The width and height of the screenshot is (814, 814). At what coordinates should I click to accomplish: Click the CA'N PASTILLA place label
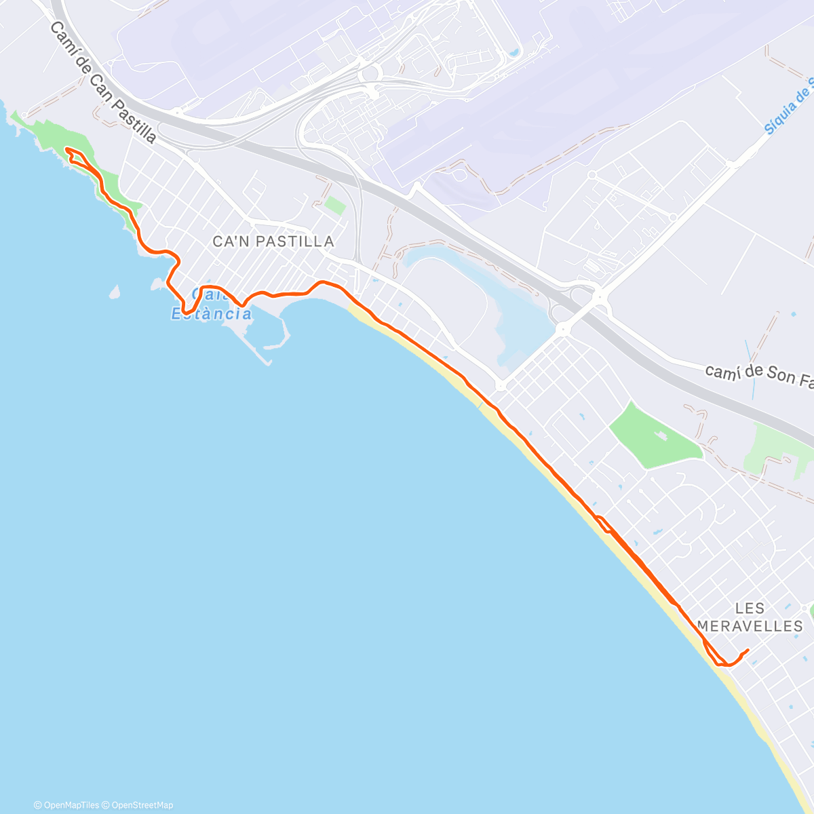coord(273,241)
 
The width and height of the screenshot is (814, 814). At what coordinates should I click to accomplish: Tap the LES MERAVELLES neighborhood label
coord(750,617)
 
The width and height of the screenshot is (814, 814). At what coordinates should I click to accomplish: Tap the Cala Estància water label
coord(211,305)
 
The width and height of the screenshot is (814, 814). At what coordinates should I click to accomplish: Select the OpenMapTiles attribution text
coord(71,805)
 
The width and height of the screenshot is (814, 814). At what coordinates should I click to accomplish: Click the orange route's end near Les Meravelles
coord(748,650)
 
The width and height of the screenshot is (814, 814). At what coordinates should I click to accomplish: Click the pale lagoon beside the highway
coord(475,292)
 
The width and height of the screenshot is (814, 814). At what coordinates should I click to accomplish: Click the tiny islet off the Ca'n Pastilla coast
coord(114,292)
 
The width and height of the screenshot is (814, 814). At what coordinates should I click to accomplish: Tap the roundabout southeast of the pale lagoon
coord(562,329)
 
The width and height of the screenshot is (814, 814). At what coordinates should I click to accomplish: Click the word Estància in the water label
coord(211,314)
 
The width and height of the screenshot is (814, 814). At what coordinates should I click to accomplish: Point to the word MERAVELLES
coord(750,625)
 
